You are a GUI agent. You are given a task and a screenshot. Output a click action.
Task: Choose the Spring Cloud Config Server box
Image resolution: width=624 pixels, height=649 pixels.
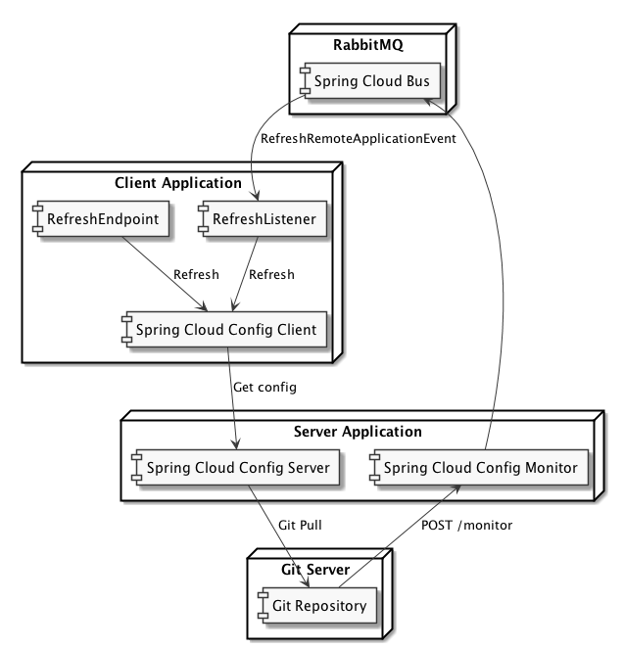(238, 467)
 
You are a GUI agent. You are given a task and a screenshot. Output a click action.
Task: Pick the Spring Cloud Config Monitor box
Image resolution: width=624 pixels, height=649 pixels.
(475, 467)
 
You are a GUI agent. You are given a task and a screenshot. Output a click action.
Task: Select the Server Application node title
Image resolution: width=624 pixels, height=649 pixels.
(357, 430)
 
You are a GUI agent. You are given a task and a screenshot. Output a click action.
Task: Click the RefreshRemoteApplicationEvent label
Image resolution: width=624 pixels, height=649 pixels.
(359, 138)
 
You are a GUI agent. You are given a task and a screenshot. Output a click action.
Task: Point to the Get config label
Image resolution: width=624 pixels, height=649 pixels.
(264, 387)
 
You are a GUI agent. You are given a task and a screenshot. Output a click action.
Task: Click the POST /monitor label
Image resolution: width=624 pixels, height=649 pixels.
(466, 526)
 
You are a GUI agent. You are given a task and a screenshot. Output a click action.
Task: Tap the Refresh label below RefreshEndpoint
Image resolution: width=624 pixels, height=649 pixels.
(195, 274)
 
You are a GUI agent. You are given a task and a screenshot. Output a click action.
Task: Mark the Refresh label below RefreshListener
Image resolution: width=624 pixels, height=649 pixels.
(271, 274)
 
